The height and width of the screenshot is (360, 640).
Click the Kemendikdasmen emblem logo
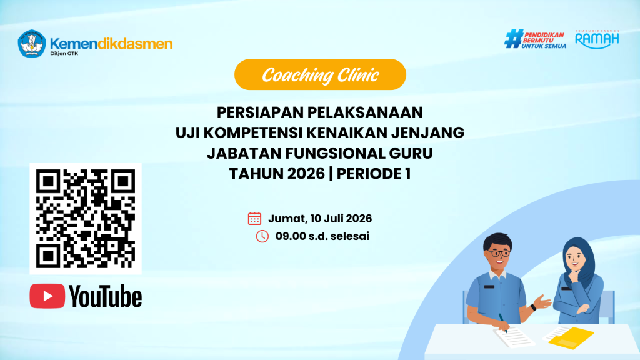(x=32, y=44)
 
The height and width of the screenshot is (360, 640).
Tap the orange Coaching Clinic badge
(x=320, y=75)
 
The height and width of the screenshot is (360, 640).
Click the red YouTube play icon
(x=47, y=296)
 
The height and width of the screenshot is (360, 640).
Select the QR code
(x=86, y=218)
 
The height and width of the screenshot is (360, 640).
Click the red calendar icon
(x=254, y=219)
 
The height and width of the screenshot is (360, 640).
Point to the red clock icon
(x=262, y=236)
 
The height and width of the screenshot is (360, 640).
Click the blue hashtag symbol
(x=514, y=39)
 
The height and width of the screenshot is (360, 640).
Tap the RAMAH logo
(x=597, y=39)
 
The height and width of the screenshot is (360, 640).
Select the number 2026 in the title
(x=306, y=174)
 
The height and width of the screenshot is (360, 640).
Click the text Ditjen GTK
(x=64, y=54)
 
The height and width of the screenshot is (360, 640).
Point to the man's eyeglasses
(x=499, y=254)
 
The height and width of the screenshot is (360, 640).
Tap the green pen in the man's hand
(x=502, y=323)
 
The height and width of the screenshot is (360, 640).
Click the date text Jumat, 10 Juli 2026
(x=320, y=219)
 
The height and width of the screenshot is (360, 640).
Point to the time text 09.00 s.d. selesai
(x=322, y=236)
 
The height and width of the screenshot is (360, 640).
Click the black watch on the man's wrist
(x=533, y=307)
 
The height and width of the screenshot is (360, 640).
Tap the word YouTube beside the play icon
(x=105, y=296)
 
